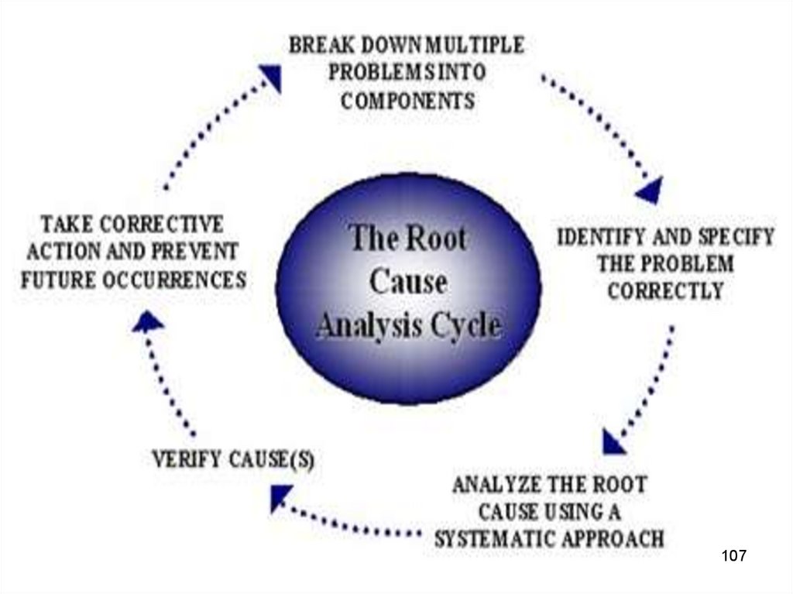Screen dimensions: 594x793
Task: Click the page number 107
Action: (733, 555)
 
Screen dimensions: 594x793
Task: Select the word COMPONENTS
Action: (408, 101)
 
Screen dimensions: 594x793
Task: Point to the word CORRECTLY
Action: (665, 292)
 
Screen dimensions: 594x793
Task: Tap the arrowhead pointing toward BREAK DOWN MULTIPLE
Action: (270, 75)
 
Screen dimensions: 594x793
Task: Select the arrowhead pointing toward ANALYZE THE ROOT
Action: (614, 442)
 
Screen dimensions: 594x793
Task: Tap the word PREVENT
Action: (198, 252)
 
